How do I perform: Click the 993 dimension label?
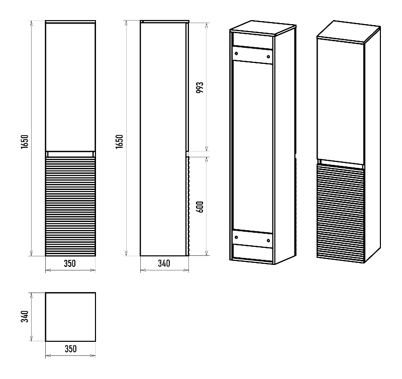(x=199, y=87)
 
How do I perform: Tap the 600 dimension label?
(x=199, y=207)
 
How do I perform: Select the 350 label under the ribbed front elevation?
(x=70, y=263)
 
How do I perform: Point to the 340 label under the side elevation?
(x=164, y=263)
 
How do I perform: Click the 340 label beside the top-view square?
(x=25, y=317)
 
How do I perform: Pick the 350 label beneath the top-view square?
(x=70, y=349)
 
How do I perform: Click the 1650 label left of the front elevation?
(x=25, y=142)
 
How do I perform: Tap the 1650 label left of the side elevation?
(x=120, y=141)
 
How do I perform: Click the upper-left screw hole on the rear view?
(x=236, y=53)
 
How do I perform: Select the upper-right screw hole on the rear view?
(x=268, y=57)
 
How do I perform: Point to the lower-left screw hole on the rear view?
(x=236, y=237)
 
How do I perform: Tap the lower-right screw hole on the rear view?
(x=268, y=240)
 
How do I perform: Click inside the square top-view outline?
(x=70, y=317)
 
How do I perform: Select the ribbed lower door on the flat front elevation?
(x=70, y=206)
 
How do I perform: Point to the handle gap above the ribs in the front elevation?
(x=70, y=154)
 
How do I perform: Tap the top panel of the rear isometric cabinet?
(x=263, y=28)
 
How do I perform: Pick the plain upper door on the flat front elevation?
(x=70, y=86)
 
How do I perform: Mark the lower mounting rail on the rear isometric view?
(x=253, y=239)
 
